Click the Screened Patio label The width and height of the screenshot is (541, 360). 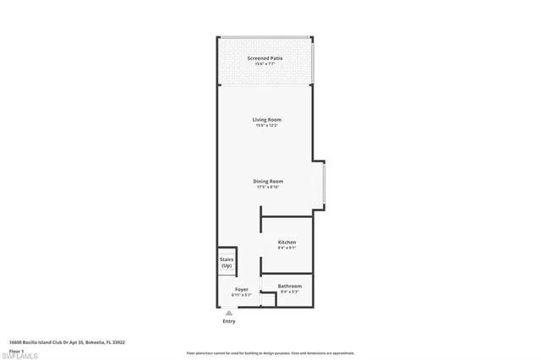pos(265,57)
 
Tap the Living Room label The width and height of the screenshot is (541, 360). pos(265,119)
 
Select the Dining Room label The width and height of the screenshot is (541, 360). pos(267,181)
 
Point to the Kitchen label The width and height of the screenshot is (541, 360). pos(287,243)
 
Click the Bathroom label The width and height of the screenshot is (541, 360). pos(290,286)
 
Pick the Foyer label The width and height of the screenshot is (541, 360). pos(242,289)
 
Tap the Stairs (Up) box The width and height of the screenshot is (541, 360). pos(226,262)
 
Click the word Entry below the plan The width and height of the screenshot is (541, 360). pos(228,321)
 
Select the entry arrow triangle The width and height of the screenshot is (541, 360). pos(228,312)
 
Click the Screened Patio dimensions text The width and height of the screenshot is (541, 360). pos(265,63)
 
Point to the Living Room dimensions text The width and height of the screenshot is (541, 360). pos(265,125)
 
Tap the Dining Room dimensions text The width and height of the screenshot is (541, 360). pos(267,187)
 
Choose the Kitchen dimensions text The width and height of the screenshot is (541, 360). pos(287,248)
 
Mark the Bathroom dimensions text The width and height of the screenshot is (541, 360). pos(290,292)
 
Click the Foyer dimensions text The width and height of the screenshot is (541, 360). pos(242,295)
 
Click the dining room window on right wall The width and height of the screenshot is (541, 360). pos(323,183)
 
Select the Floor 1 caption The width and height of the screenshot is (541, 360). pos(16,349)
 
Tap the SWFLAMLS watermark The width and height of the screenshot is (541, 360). pos(23,355)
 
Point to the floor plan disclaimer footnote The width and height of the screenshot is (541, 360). pos(270,352)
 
